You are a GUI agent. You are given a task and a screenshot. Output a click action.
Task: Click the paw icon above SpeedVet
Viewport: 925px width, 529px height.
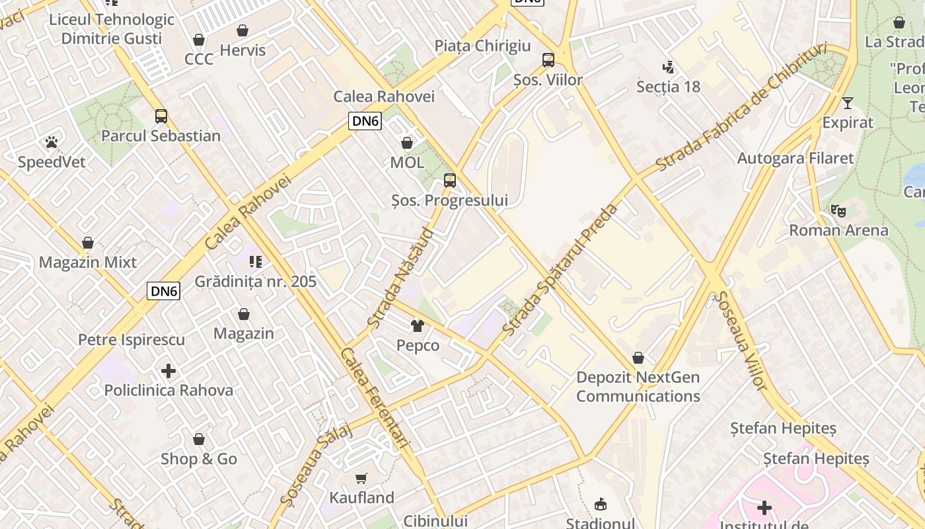[x=52, y=142]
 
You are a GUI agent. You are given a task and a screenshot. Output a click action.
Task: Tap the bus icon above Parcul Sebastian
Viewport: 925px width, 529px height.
[x=161, y=116]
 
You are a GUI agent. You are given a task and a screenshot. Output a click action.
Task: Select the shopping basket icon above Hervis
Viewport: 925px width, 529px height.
[x=242, y=30]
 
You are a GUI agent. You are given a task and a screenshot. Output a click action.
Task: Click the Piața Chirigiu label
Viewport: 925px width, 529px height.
[x=482, y=46]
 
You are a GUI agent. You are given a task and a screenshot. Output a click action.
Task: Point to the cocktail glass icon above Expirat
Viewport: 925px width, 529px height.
[x=848, y=103]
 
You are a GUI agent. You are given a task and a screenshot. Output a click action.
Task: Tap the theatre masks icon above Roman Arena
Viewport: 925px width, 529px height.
[x=838, y=211]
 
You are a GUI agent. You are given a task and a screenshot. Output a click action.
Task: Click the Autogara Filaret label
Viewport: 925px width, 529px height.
[x=795, y=158]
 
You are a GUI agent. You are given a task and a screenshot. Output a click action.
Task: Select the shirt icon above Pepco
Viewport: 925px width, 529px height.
[x=418, y=325]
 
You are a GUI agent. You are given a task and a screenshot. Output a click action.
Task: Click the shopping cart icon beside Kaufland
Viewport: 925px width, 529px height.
[x=361, y=478]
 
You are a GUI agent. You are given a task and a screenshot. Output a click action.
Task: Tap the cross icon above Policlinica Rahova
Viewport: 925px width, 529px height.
[x=168, y=371]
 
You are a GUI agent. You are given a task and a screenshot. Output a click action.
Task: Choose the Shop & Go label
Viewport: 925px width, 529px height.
[x=199, y=459]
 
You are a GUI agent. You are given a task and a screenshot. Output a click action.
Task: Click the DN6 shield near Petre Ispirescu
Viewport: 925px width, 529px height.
[x=163, y=291]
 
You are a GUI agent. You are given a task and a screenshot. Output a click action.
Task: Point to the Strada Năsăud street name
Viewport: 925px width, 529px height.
[x=401, y=278]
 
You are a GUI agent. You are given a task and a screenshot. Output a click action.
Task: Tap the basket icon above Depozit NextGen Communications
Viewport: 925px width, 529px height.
[x=638, y=358]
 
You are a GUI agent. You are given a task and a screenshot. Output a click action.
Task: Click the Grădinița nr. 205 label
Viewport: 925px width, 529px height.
[x=256, y=282]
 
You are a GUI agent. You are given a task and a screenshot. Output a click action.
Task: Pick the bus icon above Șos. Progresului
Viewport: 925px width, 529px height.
[x=450, y=180]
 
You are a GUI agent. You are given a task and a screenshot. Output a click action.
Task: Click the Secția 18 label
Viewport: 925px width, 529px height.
[x=668, y=87]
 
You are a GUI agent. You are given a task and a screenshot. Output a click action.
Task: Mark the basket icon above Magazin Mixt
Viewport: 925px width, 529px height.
[x=88, y=243]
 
